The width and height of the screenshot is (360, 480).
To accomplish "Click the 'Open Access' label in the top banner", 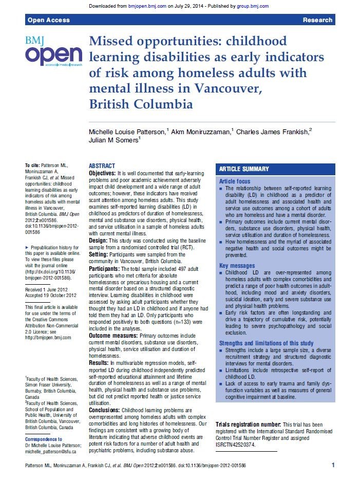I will click(x=44, y=20).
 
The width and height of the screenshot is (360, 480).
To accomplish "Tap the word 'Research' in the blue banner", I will click(x=317, y=20).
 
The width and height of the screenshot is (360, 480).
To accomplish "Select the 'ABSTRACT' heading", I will click(x=102, y=166).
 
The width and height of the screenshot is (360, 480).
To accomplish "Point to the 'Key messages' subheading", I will click(x=238, y=265).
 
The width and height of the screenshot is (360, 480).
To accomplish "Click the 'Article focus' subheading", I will click(x=235, y=181).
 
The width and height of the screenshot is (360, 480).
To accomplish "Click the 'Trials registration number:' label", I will click(x=248, y=424).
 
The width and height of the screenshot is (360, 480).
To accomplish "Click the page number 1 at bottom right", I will click(x=333, y=465).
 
